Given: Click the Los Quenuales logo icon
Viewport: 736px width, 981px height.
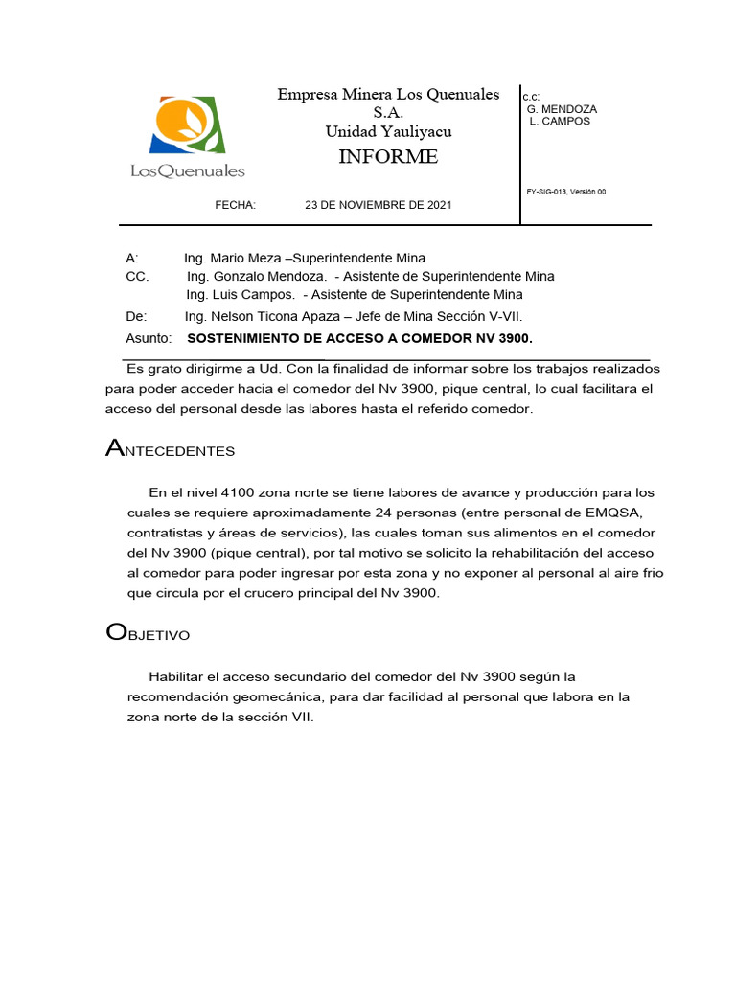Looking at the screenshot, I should click(188, 125).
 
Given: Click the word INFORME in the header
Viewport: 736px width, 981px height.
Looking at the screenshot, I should click(388, 157).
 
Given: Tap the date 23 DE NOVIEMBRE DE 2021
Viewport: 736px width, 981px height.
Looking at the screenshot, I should click(379, 205).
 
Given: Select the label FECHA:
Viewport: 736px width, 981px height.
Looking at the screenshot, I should click(236, 205).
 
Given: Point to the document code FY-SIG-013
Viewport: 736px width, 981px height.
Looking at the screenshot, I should click(550, 192).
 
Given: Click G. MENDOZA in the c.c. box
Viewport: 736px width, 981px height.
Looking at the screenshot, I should click(562, 109).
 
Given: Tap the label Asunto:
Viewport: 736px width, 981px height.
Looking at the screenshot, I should click(149, 338).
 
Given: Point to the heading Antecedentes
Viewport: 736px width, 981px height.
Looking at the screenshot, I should click(170, 449).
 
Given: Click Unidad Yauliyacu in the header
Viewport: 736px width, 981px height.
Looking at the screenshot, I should click(388, 131).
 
